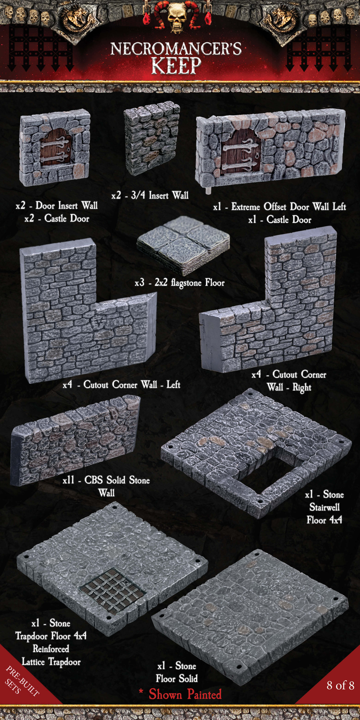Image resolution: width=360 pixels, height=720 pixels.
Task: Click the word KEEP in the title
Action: click(176, 65)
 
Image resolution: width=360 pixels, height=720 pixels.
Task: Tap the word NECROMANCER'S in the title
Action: click(176, 49)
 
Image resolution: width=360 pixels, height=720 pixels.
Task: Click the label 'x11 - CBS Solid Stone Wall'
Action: click(106, 486)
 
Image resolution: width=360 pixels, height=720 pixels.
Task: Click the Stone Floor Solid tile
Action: click(251, 615)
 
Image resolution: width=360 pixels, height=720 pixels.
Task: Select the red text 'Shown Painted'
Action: click(184, 694)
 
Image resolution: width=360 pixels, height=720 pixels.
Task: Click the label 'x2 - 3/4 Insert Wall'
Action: click(150, 195)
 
